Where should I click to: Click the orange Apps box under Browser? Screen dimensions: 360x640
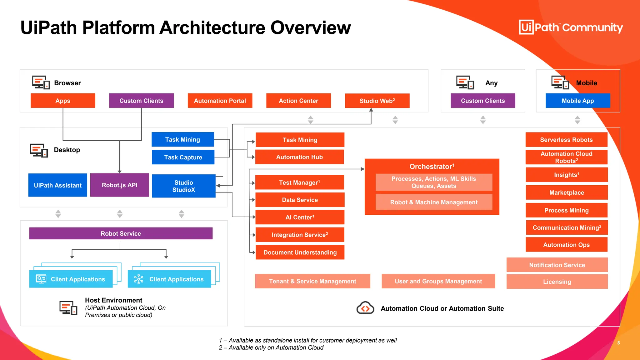(x=63, y=101)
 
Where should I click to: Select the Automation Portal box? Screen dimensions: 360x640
(x=220, y=101)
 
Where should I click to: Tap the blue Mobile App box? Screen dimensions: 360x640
(x=577, y=101)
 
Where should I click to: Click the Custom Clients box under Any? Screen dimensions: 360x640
(x=482, y=101)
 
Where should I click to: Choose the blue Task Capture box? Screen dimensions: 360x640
(x=183, y=157)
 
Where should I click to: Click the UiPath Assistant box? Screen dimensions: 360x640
(x=57, y=185)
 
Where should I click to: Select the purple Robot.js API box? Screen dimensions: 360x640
(x=119, y=185)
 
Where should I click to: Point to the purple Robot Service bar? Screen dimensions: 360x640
(x=121, y=233)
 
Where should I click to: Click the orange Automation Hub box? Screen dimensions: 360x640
(x=299, y=157)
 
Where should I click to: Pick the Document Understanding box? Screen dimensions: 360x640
(x=300, y=252)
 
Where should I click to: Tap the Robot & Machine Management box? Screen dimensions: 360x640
(x=433, y=202)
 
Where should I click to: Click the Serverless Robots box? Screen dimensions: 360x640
(x=566, y=140)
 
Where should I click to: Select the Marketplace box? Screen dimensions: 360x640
(x=567, y=192)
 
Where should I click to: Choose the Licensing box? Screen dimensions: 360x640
(x=557, y=282)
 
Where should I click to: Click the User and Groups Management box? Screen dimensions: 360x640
(x=438, y=281)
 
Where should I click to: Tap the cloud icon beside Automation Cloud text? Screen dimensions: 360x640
(x=365, y=308)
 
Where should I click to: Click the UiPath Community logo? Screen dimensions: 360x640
(x=571, y=27)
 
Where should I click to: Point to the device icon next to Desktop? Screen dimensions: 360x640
(x=39, y=150)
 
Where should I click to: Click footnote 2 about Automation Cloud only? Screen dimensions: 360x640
(x=271, y=347)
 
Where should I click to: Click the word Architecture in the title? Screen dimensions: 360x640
(x=212, y=27)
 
